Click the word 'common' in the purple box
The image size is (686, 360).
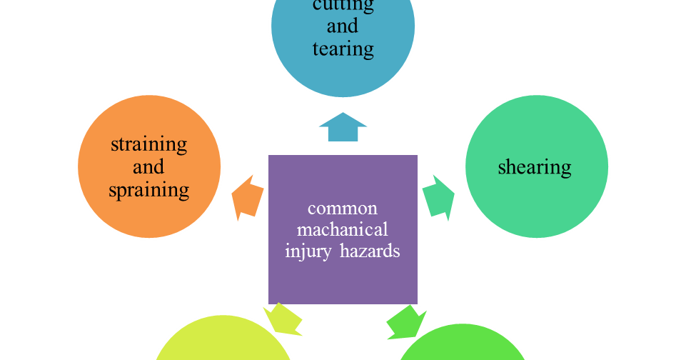point(343,209)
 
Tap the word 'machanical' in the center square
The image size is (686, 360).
point(343,230)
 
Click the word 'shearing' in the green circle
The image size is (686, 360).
point(535,167)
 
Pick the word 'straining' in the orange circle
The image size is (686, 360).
point(148,144)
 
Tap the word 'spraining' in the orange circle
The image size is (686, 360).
point(148,190)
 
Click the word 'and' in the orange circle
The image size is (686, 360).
point(148,167)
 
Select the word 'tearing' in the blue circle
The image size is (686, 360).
point(343,49)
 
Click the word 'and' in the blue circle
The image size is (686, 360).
point(343,26)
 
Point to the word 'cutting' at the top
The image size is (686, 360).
point(343,6)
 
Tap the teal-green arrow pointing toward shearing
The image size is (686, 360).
point(438,196)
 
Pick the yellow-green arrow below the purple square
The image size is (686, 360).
point(283,319)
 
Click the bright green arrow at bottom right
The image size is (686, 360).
point(405,321)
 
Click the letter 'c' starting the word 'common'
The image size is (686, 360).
point(311,209)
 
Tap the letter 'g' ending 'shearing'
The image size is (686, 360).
point(567,169)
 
